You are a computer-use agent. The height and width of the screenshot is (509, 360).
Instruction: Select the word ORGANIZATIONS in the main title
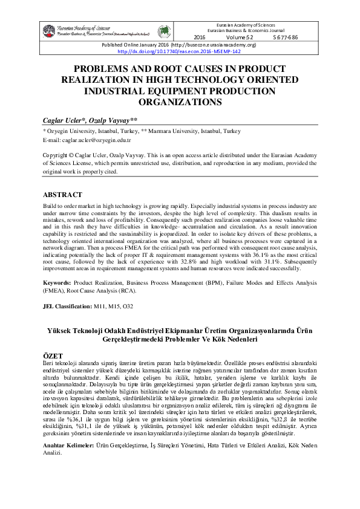(179, 102)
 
